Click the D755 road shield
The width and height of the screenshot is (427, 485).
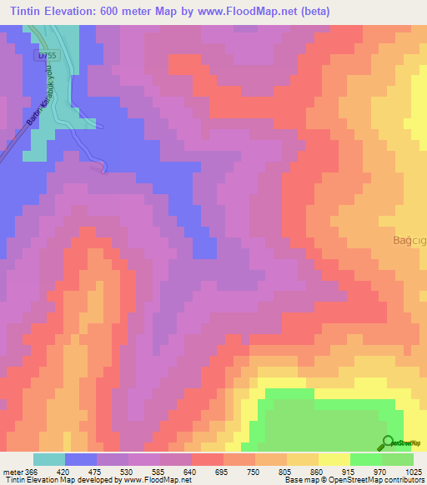(46, 55)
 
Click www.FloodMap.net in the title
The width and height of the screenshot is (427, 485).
(254, 12)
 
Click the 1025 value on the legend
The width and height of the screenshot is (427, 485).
(413, 471)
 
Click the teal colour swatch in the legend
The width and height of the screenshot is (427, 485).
(49, 459)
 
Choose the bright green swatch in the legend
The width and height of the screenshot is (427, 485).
(366, 459)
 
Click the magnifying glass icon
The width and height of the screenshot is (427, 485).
(387, 442)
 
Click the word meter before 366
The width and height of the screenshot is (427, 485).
(13, 471)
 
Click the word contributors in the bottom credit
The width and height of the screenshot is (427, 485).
(404, 481)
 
